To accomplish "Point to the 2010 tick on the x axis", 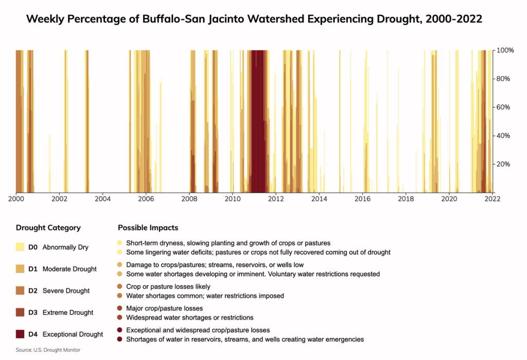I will [x=233, y=198].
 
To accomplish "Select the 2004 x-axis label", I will [x=103, y=198].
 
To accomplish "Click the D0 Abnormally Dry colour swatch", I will [x=20, y=247].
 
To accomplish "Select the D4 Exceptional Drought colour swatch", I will [x=20, y=334].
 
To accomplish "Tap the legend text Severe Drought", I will [x=66, y=291].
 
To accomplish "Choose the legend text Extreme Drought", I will [x=68, y=313].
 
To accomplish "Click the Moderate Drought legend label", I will [x=69, y=269].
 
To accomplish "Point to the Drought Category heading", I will [x=48, y=228].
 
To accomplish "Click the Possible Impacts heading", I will [x=148, y=228].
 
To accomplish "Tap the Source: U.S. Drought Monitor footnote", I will [x=48, y=350].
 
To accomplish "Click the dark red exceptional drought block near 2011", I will [x=257, y=121].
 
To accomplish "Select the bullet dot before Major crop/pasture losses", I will [x=120, y=308].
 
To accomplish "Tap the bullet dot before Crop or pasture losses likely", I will [x=120, y=286].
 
